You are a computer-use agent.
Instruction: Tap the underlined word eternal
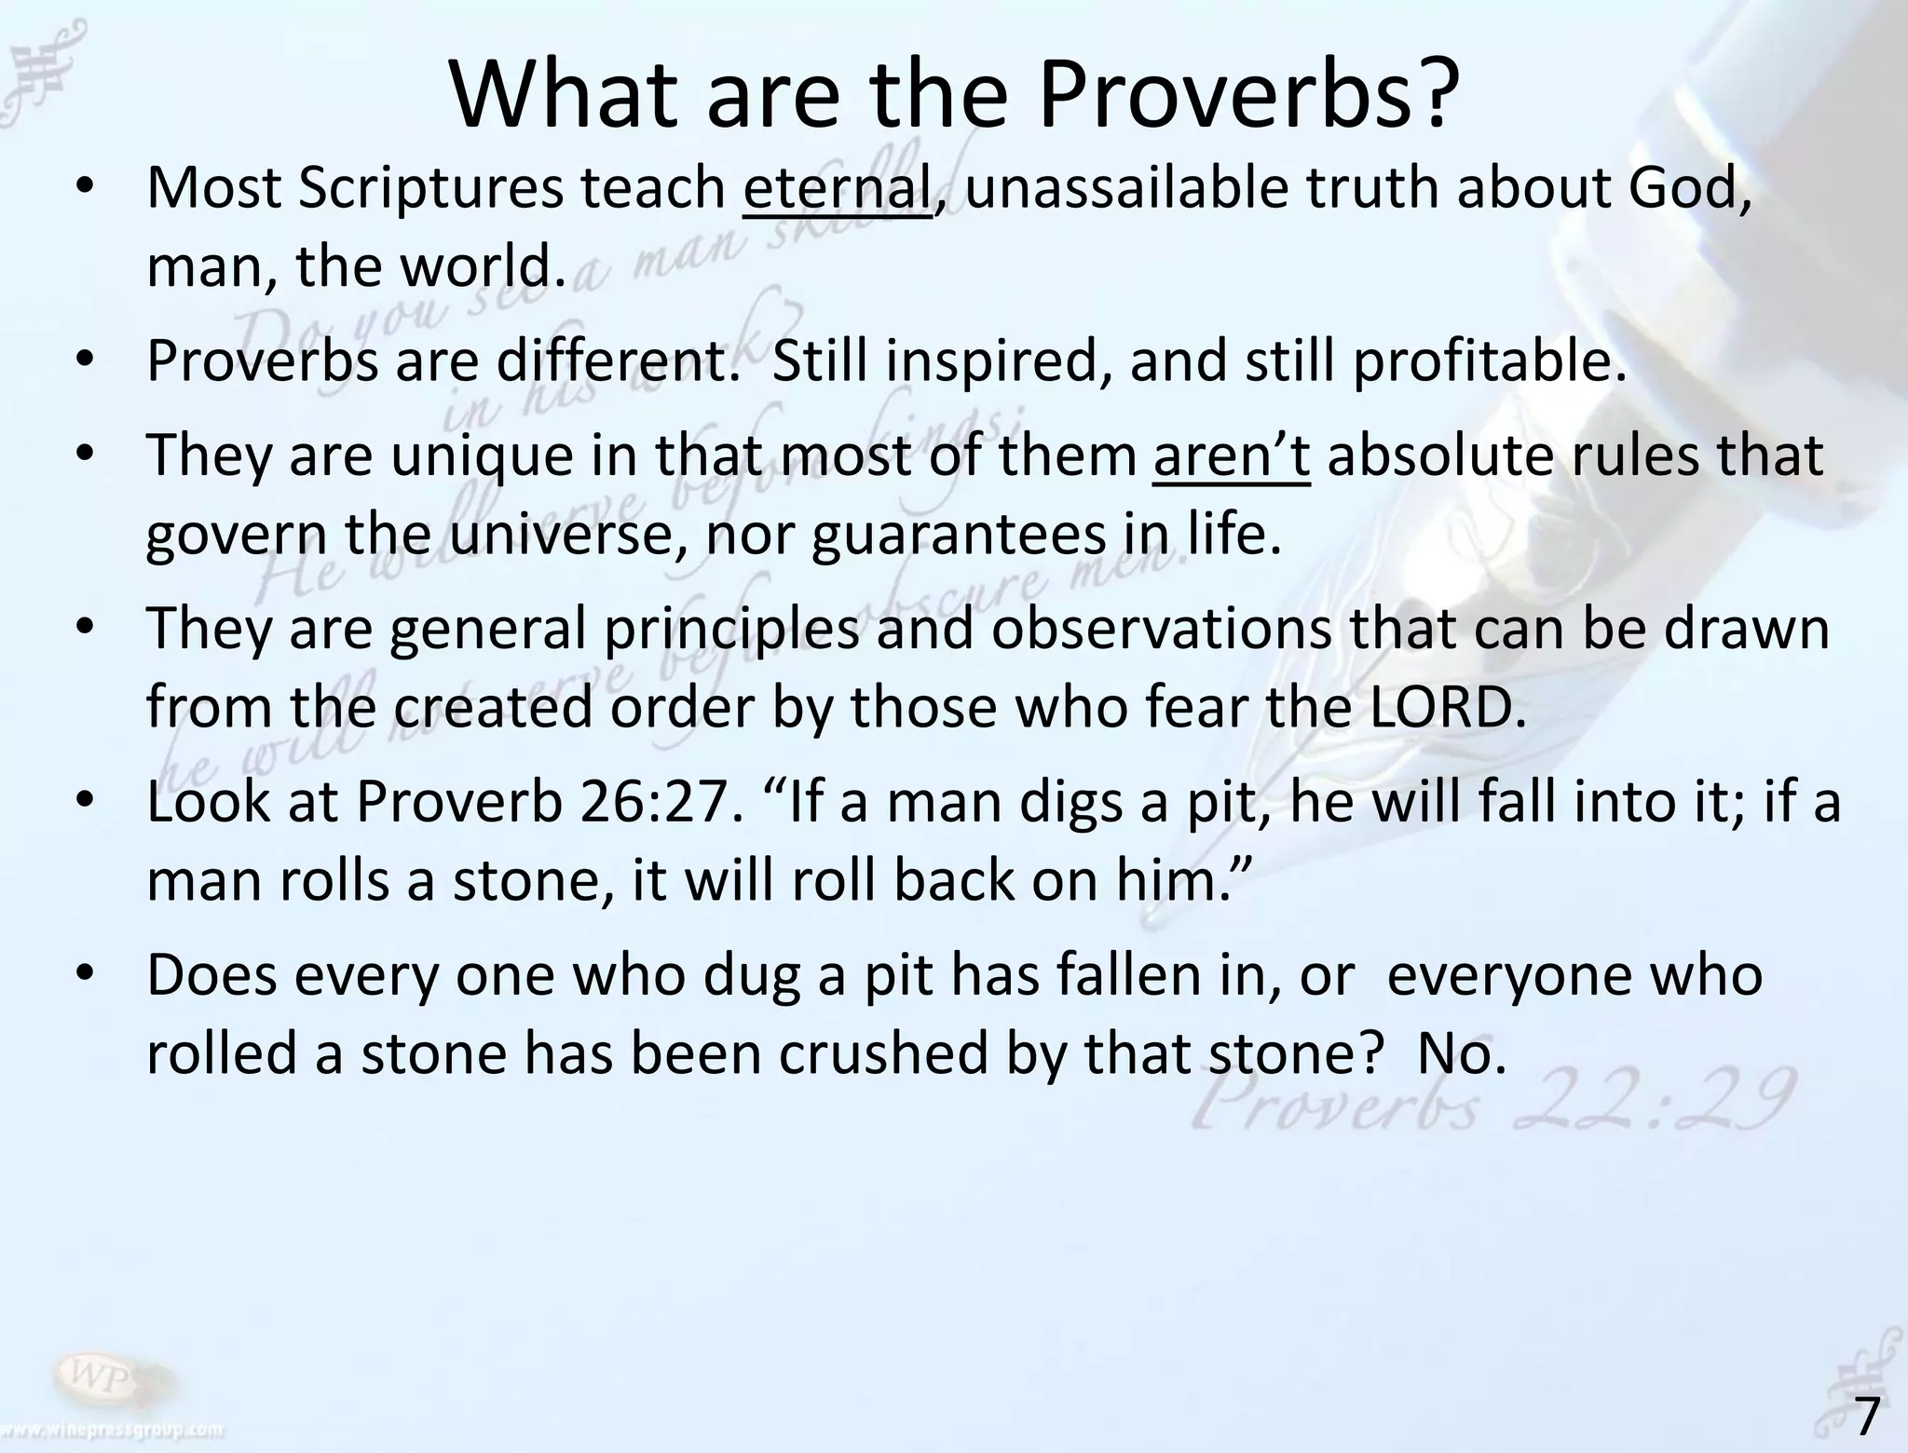pyautogui.click(x=837, y=188)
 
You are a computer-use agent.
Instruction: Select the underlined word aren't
pyautogui.click(x=1231, y=455)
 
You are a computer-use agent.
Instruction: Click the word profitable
pyautogui.click(x=1489, y=360)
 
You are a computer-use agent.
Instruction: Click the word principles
pyautogui.click(x=730, y=629)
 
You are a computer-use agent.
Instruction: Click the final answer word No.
pyautogui.click(x=1460, y=1053)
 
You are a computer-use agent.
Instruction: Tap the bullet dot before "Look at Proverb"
pyautogui.click(x=86, y=800)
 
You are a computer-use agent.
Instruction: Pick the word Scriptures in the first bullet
pyautogui.click(x=430, y=188)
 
